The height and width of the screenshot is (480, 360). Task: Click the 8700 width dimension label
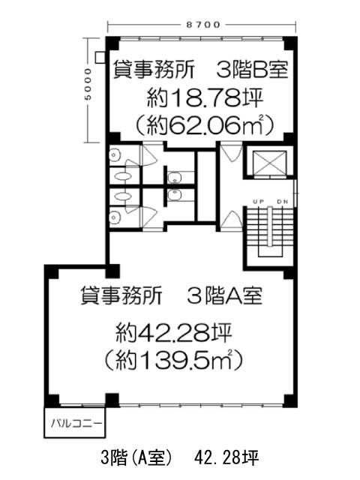pos(203,25)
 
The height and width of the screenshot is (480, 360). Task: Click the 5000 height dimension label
pos(88,84)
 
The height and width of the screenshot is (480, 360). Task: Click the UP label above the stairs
pos(259,202)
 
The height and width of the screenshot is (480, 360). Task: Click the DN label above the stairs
pos(282,202)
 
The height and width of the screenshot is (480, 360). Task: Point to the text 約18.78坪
pos(205,97)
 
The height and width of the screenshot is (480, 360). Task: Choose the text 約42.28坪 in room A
pos(173,333)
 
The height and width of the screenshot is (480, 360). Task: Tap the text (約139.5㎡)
pos(173,359)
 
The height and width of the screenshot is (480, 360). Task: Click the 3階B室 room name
pos(252,70)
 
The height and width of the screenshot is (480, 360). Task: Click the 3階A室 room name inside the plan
pos(224,296)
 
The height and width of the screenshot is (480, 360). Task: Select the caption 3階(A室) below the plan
pos(136,457)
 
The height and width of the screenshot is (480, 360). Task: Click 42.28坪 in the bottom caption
pos(226,457)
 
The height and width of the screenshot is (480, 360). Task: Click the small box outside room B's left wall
pos(100,57)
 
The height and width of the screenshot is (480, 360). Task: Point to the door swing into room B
pos(232,151)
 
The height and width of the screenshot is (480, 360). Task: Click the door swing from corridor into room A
pos(232,220)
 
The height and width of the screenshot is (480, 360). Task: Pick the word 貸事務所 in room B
pos(154,70)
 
